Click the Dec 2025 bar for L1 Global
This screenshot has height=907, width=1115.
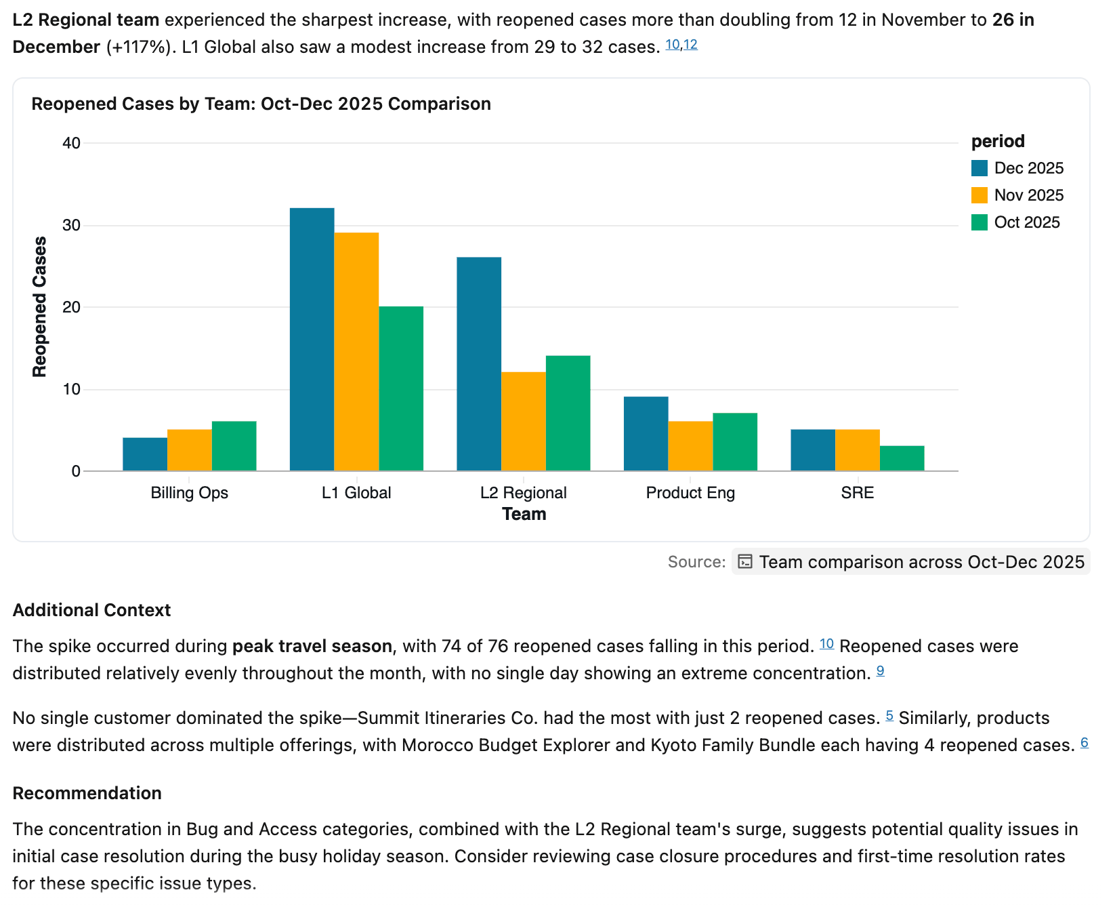[x=312, y=339]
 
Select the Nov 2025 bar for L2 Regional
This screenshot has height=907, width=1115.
[x=523, y=421]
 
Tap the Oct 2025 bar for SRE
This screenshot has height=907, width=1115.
[x=902, y=458]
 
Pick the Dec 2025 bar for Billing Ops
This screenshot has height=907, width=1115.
[x=145, y=454]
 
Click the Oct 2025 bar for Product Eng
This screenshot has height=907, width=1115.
[x=735, y=442]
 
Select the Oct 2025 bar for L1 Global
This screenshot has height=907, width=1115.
[x=401, y=388]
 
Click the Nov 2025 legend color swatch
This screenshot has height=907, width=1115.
[x=979, y=195]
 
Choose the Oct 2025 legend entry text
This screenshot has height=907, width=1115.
[x=1026, y=222]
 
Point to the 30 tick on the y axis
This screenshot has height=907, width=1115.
[x=72, y=225]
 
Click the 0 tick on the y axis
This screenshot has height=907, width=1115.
[x=76, y=471]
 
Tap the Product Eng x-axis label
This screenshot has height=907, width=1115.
[x=690, y=493]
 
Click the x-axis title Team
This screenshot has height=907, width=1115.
[x=524, y=514]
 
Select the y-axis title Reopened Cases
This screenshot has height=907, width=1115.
[x=40, y=306]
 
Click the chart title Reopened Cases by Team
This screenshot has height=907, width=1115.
[x=261, y=104]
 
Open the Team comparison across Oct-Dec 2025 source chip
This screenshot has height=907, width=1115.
[x=910, y=562]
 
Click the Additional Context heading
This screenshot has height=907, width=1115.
[x=91, y=610]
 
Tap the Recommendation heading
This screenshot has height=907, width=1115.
[x=87, y=793]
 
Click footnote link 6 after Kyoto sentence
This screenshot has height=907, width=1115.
[x=1084, y=742]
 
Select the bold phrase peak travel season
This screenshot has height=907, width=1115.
[x=312, y=646]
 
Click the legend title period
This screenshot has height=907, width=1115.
[x=997, y=141]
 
